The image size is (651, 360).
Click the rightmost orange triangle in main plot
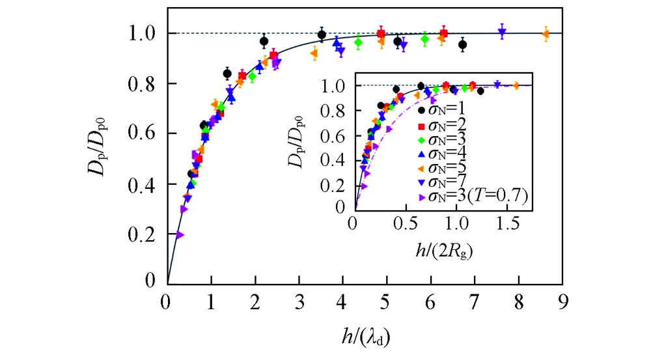pyautogui.click(x=546, y=34)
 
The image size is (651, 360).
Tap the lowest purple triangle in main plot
pyautogui.click(x=180, y=234)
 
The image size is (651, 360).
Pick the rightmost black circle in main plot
pyautogui.click(x=462, y=45)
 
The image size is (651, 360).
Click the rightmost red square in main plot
pyautogui.click(x=443, y=33)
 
